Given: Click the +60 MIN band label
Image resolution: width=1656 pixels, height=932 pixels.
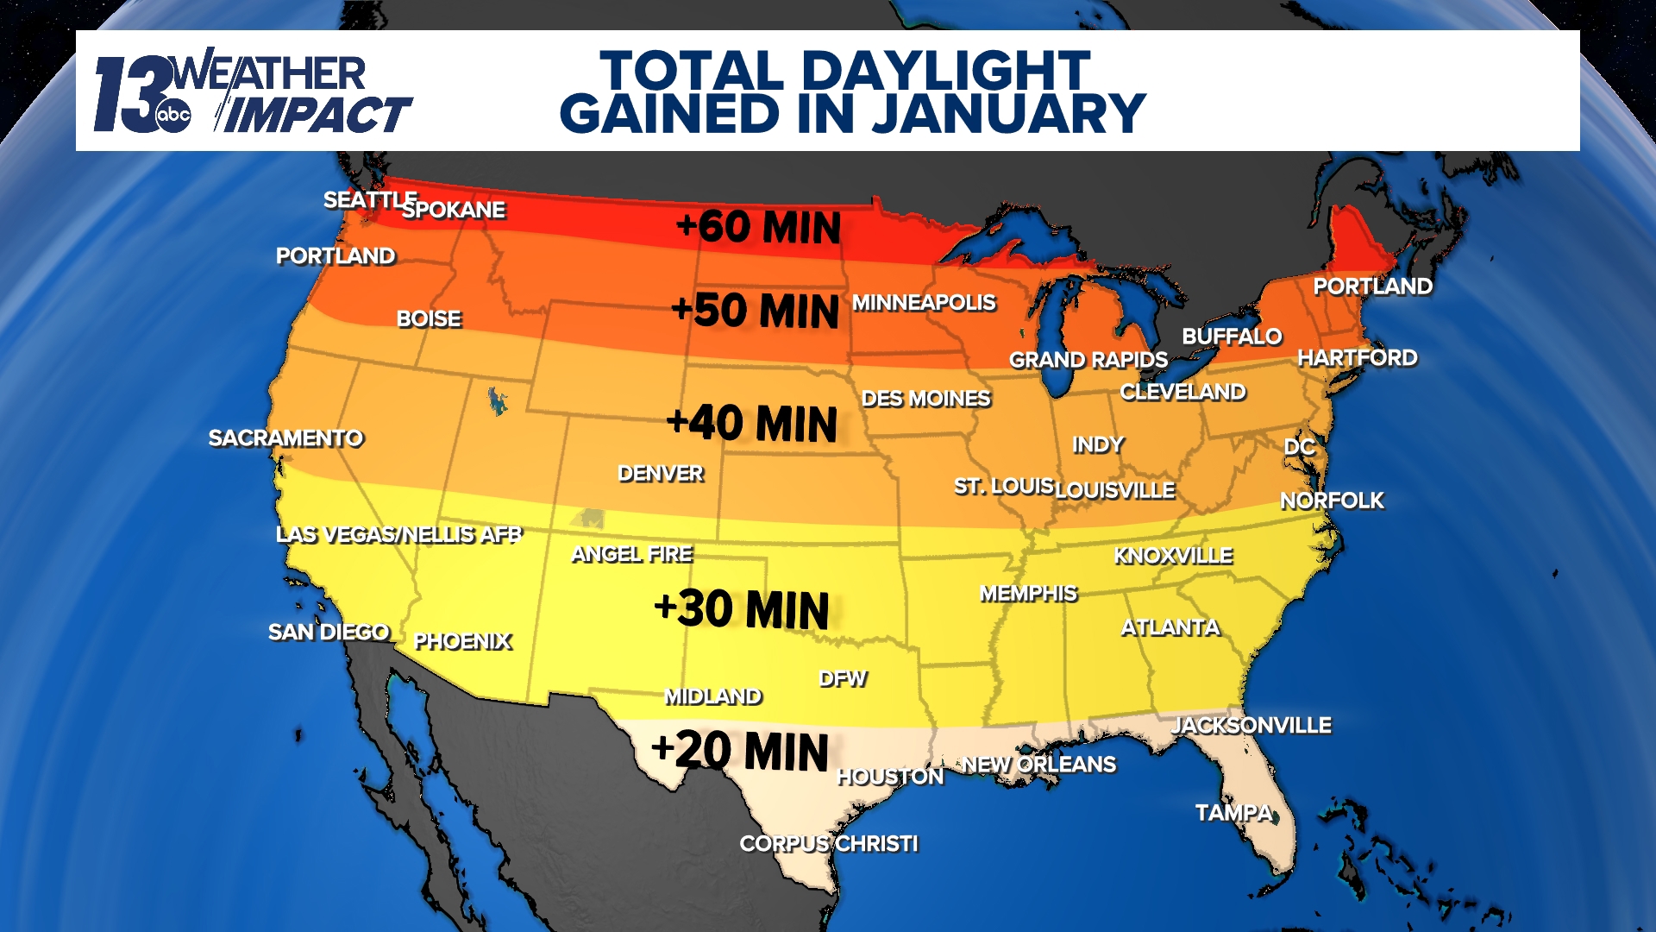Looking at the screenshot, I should (758, 227).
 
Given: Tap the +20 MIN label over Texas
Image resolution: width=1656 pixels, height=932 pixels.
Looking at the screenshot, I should (740, 750).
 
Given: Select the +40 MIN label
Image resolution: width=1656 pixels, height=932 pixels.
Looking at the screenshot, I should (752, 423).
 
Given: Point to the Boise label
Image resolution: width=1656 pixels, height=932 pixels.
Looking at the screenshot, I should (429, 318).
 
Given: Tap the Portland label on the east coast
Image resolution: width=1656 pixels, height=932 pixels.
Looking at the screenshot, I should (1372, 286).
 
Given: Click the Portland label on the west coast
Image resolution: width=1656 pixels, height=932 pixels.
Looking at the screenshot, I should (336, 255).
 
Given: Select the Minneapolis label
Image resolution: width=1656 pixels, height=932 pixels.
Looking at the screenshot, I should (924, 302).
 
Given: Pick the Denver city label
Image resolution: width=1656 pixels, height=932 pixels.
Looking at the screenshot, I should (661, 473).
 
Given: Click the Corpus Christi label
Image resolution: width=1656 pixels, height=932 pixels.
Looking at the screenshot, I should (829, 843).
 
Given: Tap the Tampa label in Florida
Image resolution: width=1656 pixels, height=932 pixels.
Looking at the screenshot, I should (1233, 812).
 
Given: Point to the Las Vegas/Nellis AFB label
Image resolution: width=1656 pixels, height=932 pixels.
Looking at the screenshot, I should (398, 534).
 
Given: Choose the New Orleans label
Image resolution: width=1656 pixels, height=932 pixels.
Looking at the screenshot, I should (1039, 764).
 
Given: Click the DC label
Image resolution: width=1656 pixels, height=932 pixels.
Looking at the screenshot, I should (1299, 446).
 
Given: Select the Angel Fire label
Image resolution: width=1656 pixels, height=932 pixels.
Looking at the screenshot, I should (632, 554).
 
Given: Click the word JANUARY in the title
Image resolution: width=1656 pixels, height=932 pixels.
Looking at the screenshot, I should (1009, 114).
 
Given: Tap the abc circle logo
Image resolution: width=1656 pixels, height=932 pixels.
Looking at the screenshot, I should (173, 115).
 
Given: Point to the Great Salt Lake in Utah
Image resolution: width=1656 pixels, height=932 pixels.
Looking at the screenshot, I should (496, 401).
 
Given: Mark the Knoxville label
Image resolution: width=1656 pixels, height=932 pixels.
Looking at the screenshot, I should (1173, 555).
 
